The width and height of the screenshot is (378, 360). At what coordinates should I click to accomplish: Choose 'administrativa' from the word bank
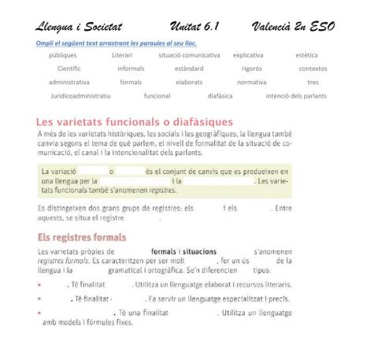pos(69,82)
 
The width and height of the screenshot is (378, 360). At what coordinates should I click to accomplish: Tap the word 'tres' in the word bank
pos(313,82)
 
